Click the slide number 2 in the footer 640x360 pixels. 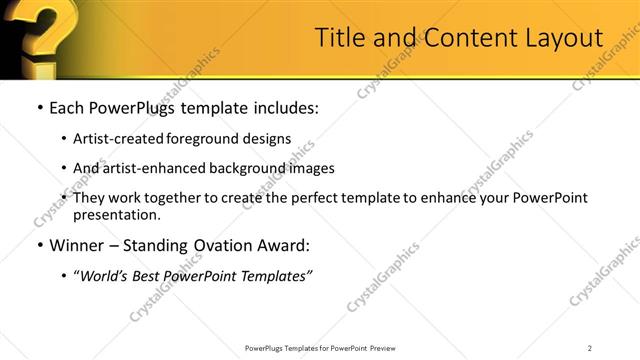(x=590, y=348)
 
